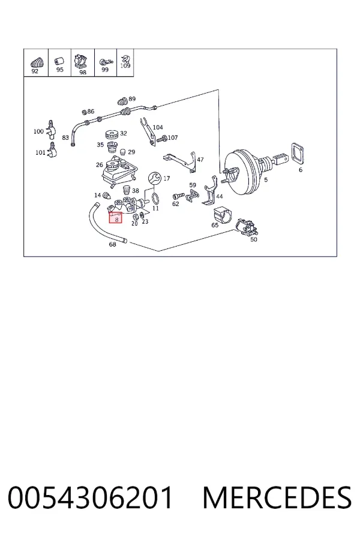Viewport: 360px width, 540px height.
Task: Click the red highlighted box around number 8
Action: tap(115, 217)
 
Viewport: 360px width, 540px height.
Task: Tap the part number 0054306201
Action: tap(90, 497)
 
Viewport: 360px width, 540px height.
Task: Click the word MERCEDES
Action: tap(277, 497)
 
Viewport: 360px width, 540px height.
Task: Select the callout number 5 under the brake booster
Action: tap(266, 179)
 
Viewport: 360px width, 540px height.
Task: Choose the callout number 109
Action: tap(125, 66)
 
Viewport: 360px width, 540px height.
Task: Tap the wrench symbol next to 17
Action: tap(155, 178)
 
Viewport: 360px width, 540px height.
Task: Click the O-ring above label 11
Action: tap(155, 199)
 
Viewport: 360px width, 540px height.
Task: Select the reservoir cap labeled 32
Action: tap(112, 134)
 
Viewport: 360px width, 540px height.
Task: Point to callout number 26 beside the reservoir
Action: tap(99, 164)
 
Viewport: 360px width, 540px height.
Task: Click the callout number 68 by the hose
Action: tap(112, 244)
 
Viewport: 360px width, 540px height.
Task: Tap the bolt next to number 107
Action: tap(161, 139)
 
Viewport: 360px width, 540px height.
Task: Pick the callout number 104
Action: tap(158, 127)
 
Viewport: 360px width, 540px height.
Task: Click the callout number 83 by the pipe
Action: tap(65, 138)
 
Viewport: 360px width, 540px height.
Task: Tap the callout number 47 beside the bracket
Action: tap(200, 160)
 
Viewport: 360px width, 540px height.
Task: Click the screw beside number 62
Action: tap(178, 196)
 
